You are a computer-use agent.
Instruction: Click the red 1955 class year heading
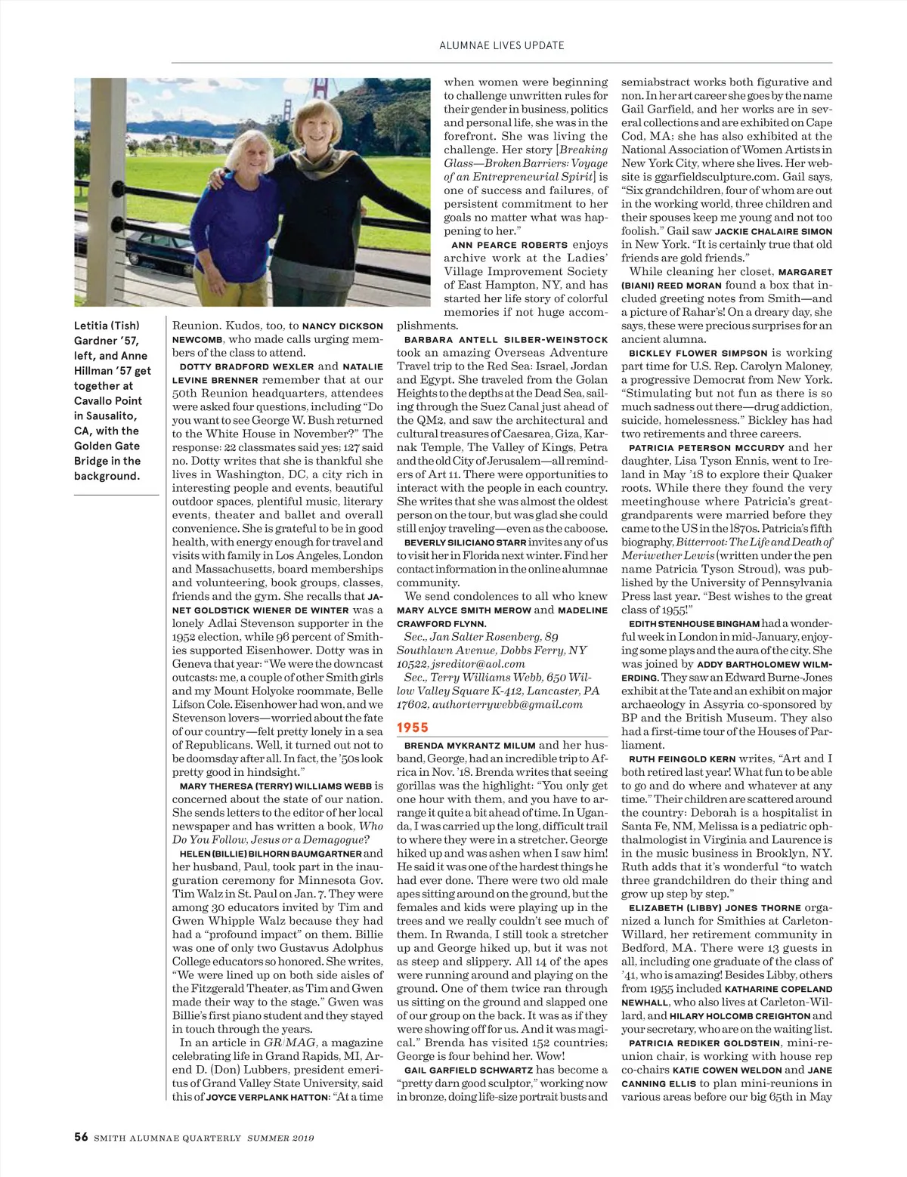(413, 728)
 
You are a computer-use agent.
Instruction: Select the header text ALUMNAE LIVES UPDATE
(502, 45)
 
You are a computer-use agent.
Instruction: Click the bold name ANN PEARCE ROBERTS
(509, 245)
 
